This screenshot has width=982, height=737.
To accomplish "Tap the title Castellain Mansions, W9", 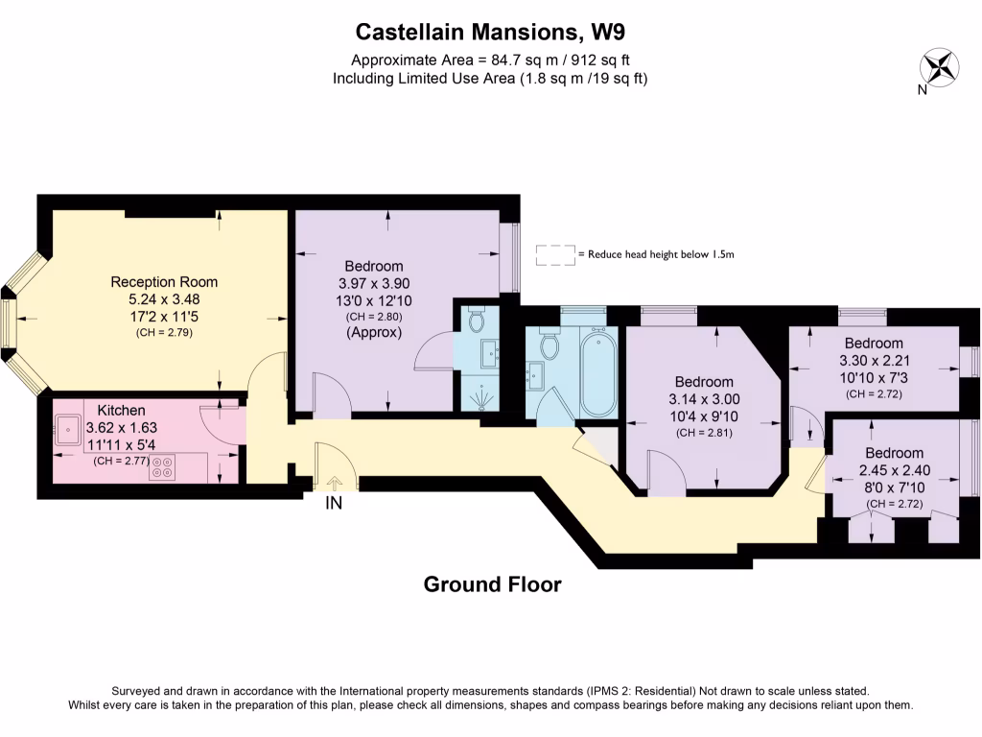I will [x=490, y=32].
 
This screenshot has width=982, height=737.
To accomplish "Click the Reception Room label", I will [x=164, y=282].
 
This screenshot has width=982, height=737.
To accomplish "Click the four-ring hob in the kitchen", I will [x=162, y=467].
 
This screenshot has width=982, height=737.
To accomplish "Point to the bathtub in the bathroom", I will [x=598, y=369].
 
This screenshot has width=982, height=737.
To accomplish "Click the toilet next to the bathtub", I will [x=550, y=344].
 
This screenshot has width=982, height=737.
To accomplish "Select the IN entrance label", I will [x=334, y=502].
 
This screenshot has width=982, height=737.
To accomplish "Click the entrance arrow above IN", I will [x=334, y=485].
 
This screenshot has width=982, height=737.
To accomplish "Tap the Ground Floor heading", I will [x=492, y=584].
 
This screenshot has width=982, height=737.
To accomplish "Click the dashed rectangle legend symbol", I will [x=554, y=254].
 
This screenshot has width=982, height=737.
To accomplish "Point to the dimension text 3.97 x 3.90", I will [x=373, y=284].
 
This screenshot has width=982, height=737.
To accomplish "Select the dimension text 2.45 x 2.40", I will [x=894, y=470].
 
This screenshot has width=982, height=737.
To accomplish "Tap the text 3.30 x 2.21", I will [x=873, y=361].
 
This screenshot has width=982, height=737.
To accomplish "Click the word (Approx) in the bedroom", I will [x=373, y=333].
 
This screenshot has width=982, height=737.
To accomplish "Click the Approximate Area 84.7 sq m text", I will [x=490, y=59].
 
